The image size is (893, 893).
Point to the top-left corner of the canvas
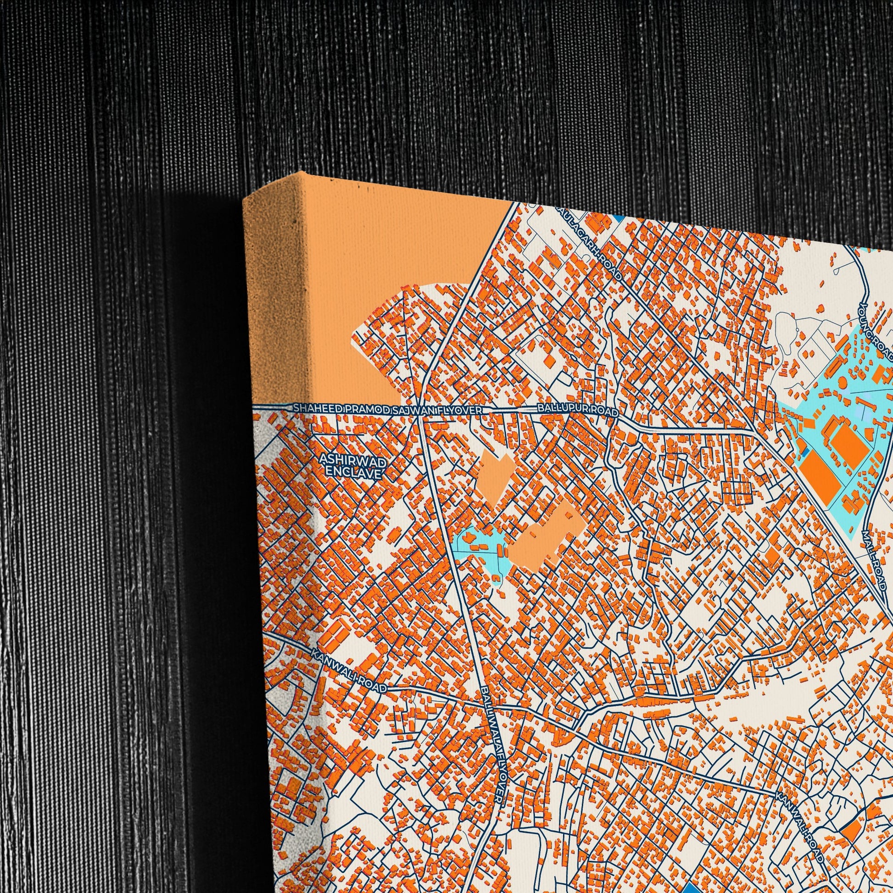245,199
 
